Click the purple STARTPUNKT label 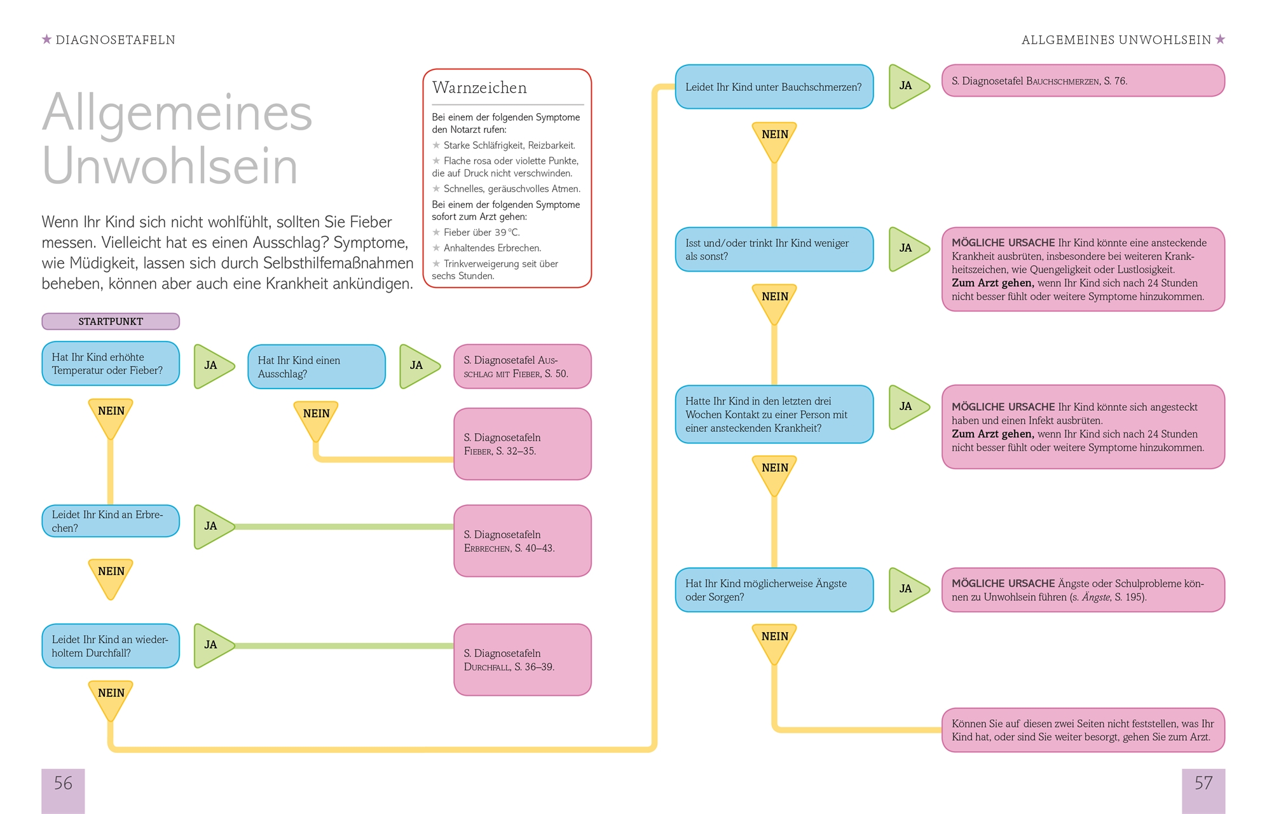click(111, 321)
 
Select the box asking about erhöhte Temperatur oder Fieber click(111, 364)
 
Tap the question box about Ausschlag click(316, 367)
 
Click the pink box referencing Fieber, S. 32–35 click(522, 444)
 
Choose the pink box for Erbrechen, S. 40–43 click(522, 541)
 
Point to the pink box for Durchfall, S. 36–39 click(522, 659)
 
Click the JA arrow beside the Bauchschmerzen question click(907, 86)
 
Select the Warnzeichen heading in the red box click(479, 88)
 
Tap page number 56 click(63, 783)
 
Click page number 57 click(1203, 783)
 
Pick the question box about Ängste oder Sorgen click(774, 590)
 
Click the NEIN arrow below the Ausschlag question click(316, 418)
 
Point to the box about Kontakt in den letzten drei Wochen click(774, 415)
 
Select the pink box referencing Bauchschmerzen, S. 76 click(1083, 81)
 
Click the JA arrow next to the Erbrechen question click(212, 527)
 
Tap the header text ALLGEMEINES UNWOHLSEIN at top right click(1116, 40)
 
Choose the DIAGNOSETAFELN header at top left click(115, 40)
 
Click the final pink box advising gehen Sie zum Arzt click(1083, 730)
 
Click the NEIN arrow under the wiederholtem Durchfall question click(111, 698)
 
